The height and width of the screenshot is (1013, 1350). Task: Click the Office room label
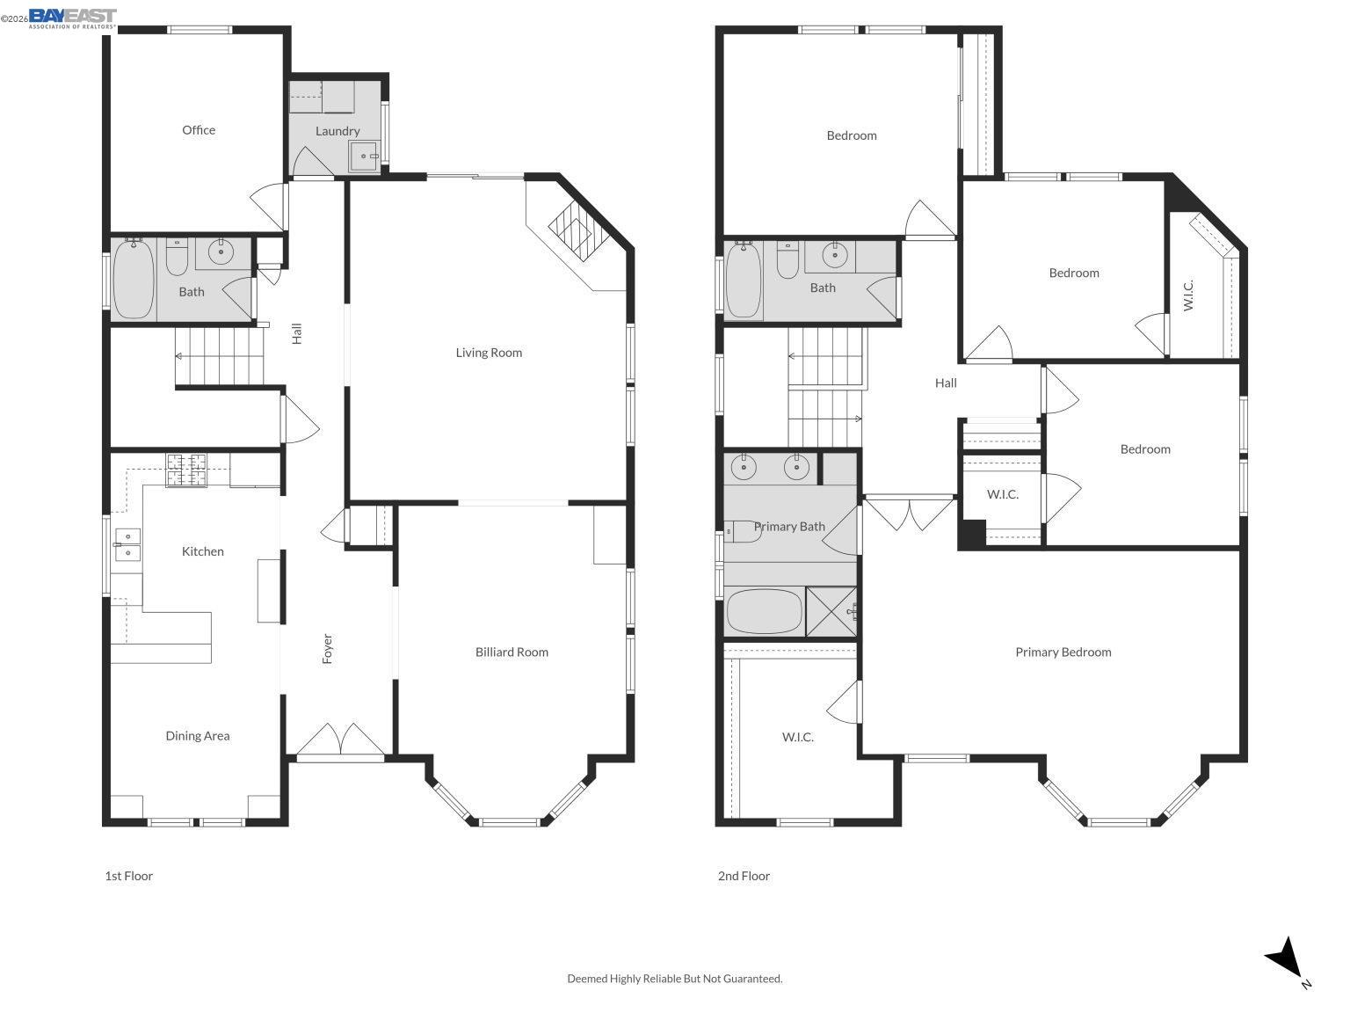[199, 130]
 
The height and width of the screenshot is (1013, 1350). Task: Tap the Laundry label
[337, 131]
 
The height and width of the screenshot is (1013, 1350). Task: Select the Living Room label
[489, 353]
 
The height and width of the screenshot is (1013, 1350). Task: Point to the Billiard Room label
[512, 652]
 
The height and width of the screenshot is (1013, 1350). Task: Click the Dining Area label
[198, 736]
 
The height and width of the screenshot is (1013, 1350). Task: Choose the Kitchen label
[203, 551]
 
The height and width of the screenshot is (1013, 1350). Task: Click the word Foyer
[328, 649]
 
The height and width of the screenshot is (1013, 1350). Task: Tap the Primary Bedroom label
[1063, 652]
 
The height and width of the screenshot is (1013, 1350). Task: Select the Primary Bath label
[789, 527]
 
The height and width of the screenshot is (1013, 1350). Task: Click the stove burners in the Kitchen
[186, 470]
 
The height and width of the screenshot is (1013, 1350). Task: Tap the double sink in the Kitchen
[127, 544]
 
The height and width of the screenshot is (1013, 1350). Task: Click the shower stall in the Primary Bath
[831, 611]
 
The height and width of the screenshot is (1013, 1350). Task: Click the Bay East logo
[72, 18]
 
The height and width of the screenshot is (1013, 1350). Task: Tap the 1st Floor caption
[129, 876]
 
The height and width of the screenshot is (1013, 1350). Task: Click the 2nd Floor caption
[744, 876]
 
